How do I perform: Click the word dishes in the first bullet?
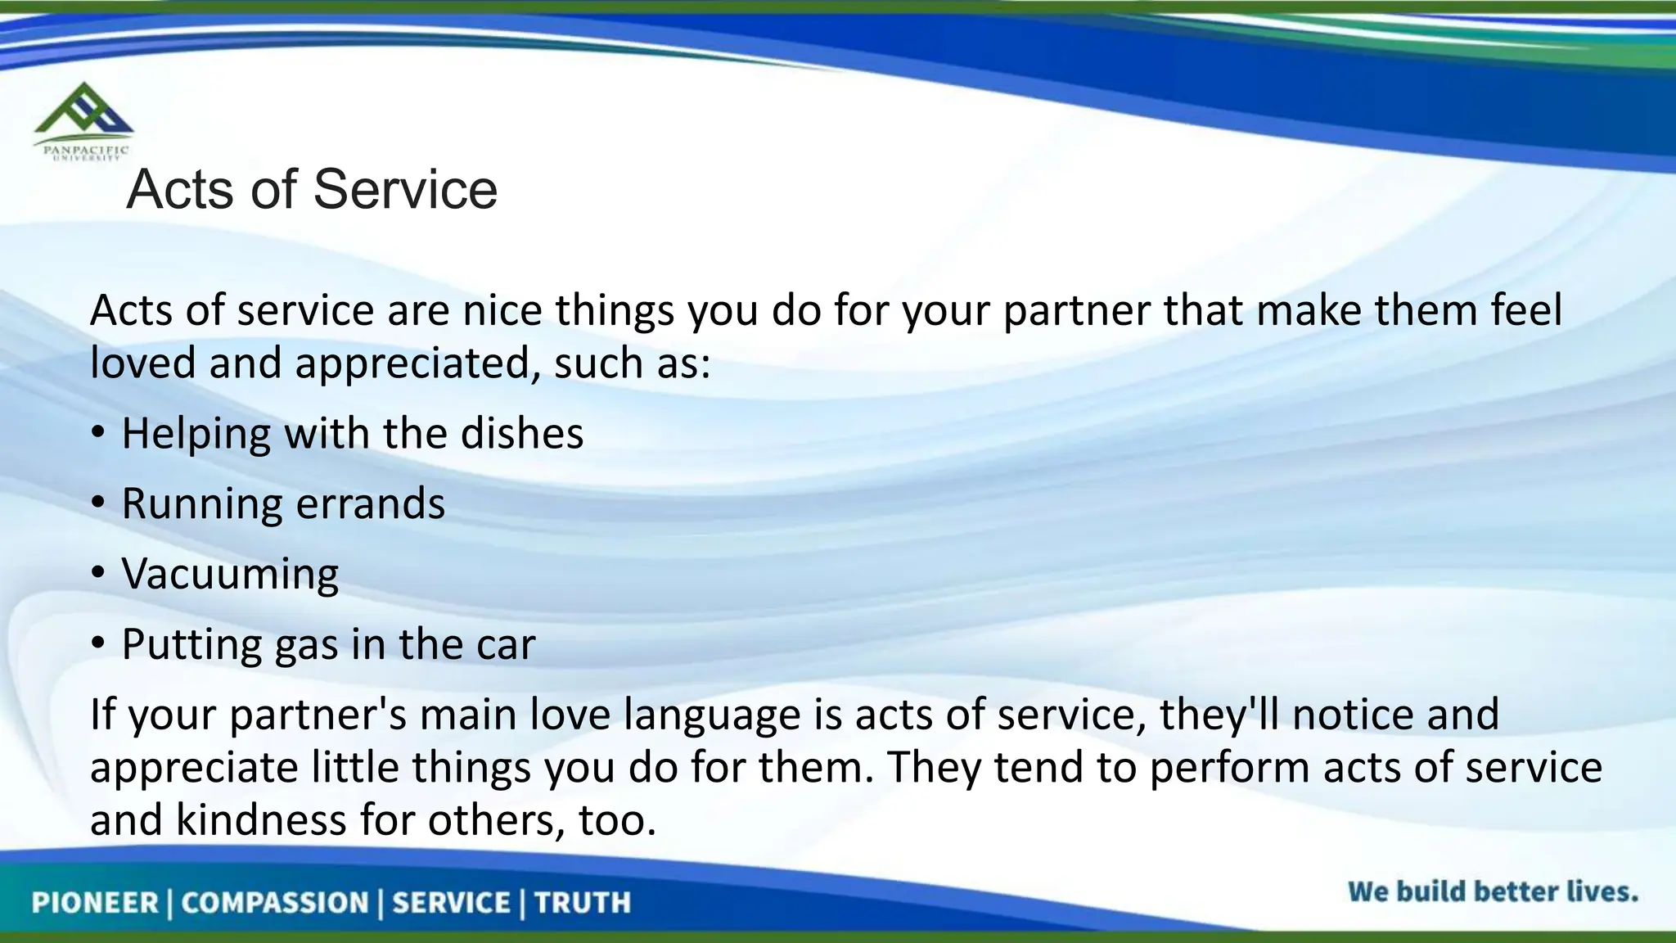tap(521, 433)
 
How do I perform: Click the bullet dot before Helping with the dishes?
tap(98, 434)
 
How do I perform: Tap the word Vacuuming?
tap(230, 574)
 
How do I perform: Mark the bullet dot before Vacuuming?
tap(98, 574)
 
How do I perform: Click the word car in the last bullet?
tap(505, 645)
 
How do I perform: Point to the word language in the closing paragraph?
tap(712, 715)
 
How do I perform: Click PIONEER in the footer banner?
tap(95, 903)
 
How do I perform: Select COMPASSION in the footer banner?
tap(275, 903)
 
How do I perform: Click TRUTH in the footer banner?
tap(583, 903)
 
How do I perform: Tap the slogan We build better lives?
tap(1492, 891)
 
